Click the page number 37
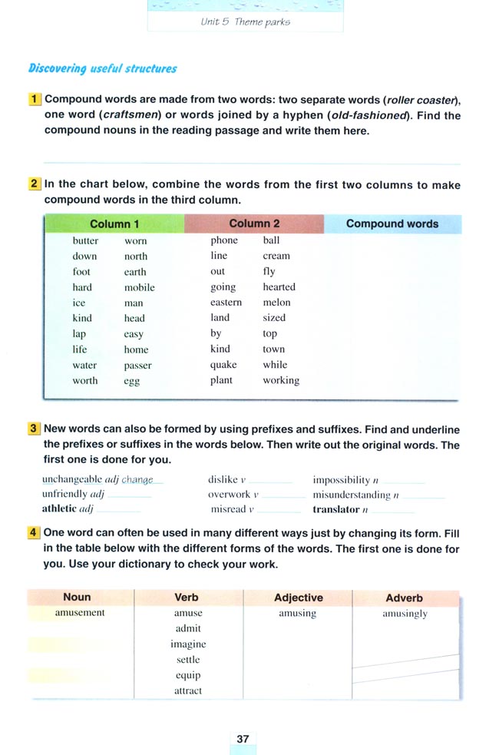coord(243,738)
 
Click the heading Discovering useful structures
coord(102,68)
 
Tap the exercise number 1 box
coord(35,100)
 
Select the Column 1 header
coord(114,224)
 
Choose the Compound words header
coord(392,224)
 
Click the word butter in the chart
coord(85,240)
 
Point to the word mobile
coord(139,287)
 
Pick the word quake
coord(223,365)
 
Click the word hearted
coord(279,287)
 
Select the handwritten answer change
coord(137,479)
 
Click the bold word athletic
coord(58,508)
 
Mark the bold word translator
coord(336,508)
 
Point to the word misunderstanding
coord(351,494)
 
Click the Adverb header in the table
coord(404,597)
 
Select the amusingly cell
coord(405,614)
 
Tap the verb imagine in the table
coord(188,644)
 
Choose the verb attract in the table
coord(188,690)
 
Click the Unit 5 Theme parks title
coord(246,22)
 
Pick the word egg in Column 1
coord(131,381)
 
